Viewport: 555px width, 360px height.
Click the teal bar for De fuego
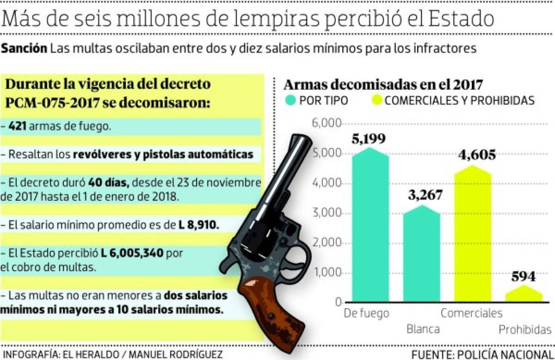(370, 227)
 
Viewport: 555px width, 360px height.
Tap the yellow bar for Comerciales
(473, 236)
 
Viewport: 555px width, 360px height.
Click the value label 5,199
(369, 139)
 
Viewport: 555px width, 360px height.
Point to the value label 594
(524, 277)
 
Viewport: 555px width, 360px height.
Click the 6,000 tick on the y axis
(327, 124)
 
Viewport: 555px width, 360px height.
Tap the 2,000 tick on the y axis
(327, 244)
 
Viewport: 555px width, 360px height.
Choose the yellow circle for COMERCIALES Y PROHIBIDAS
(376, 100)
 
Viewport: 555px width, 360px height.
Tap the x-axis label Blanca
(423, 329)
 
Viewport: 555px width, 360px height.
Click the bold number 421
(17, 126)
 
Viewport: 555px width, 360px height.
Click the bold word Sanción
(24, 49)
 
